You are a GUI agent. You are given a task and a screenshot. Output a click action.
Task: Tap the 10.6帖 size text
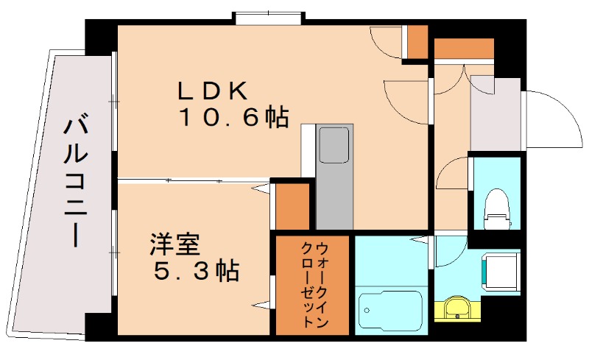pos(231,118)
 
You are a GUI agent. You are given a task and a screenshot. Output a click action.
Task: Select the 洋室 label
pos(175,244)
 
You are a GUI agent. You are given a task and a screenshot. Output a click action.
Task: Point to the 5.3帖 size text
pos(196,272)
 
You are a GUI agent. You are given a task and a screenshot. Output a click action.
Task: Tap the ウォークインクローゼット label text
pos(314,284)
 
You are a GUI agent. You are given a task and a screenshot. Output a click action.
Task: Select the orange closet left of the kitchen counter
pos(292,205)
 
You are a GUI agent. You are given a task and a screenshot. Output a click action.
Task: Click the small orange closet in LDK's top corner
pos(417,43)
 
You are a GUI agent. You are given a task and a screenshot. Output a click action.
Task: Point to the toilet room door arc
pos(452,177)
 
